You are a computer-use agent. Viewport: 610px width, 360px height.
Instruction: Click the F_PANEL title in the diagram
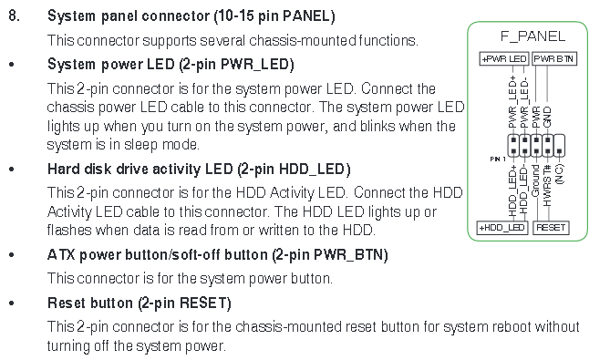click(x=532, y=36)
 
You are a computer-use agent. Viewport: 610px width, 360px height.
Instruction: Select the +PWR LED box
click(x=504, y=58)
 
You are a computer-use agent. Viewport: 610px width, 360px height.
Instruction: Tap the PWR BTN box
click(x=554, y=58)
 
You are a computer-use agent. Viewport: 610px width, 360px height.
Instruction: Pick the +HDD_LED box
click(x=502, y=228)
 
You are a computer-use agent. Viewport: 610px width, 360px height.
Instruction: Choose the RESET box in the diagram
click(x=551, y=228)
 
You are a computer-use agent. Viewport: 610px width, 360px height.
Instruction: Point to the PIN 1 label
click(x=498, y=159)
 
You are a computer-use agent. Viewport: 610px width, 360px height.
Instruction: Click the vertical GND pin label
click(x=547, y=117)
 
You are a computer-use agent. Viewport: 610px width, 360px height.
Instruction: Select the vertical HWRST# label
click(x=547, y=185)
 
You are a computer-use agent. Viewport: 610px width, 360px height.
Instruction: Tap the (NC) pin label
click(x=559, y=174)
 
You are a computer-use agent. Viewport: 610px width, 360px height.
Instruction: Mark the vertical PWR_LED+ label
click(x=512, y=102)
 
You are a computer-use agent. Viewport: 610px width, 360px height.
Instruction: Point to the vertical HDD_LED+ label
click(x=512, y=190)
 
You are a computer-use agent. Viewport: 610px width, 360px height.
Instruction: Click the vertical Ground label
click(x=536, y=180)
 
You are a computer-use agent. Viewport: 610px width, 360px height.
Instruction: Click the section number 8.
click(x=14, y=15)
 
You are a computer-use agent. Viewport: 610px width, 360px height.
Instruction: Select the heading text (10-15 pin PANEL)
click(x=274, y=16)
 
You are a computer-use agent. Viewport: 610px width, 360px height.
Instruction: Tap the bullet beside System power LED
click(x=12, y=65)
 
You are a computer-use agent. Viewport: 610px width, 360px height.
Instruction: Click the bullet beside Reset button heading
click(x=12, y=303)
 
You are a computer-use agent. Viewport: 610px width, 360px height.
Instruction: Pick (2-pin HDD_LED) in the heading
click(x=294, y=170)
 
